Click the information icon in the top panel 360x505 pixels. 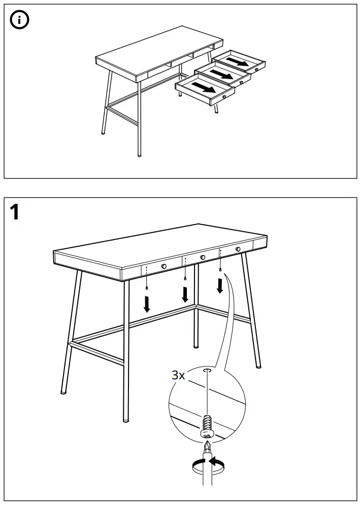[x=19, y=20]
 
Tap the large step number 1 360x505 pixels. [x=15, y=212]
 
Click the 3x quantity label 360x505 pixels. [x=178, y=375]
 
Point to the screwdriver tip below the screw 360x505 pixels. [x=208, y=447]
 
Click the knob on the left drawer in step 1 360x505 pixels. [x=163, y=266]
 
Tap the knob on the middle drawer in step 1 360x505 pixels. [x=203, y=257]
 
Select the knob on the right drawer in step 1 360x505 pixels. [x=238, y=249]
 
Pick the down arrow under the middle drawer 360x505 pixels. [x=185, y=294]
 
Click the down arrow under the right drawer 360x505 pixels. [x=220, y=286]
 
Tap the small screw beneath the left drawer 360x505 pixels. [x=147, y=288]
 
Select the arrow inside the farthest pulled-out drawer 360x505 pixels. [x=237, y=61]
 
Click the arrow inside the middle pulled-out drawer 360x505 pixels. [x=221, y=75]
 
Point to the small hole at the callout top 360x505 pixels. [x=207, y=371]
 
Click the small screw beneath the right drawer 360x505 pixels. [x=220, y=270]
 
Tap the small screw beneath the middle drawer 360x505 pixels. [x=185, y=278]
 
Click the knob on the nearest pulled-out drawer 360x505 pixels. [x=224, y=96]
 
